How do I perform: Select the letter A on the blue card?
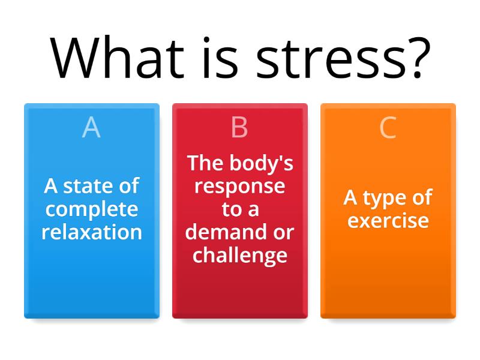tap(91, 127)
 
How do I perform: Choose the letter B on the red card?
tap(239, 127)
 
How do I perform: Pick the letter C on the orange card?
tap(388, 127)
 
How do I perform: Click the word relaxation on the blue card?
tap(92, 232)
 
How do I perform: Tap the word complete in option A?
tap(92, 210)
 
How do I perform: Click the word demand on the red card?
tap(223, 232)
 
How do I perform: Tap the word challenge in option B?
tap(239, 255)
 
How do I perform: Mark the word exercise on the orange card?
tap(388, 220)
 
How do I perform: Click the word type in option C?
tap(389, 198)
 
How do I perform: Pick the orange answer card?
tap(388, 276)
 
